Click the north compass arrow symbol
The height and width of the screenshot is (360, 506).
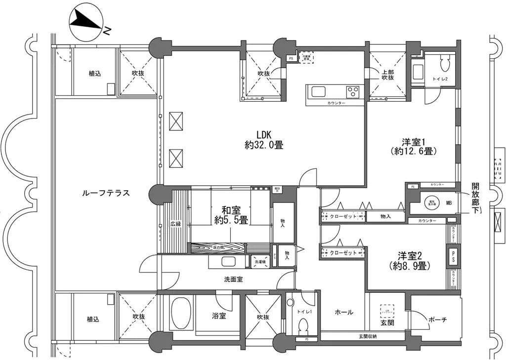pos(86,22)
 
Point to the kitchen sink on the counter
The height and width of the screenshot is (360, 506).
pos(318,91)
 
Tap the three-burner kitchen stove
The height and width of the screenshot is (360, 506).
pos(353,91)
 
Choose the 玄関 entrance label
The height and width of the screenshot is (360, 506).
pos(387,323)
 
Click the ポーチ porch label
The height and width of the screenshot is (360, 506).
pos(437,320)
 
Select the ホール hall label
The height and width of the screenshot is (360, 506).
pos(344,312)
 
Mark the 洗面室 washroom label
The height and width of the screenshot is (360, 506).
pos(233,279)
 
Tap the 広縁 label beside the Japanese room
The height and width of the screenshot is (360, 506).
pos(176,224)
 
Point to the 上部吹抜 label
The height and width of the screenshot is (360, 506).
pos(387,74)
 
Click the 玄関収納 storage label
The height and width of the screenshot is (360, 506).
pos(367,336)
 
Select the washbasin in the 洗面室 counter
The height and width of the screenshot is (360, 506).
pos(228,262)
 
